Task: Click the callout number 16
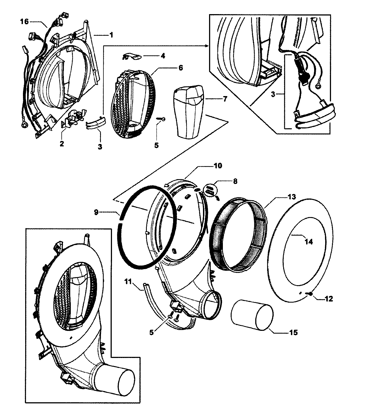tap(25, 21)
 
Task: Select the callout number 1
tap(111, 35)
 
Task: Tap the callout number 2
tap(61, 144)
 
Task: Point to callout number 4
tap(163, 56)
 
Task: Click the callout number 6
tap(180, 68)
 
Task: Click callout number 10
tap(218, 166)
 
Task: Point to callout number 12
tap(329, 299)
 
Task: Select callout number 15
tap(293, 332)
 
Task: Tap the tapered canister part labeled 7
tap(189, 114)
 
